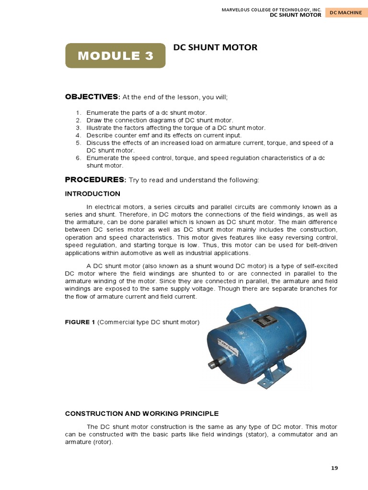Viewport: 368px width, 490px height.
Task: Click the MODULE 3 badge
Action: (x=115, y=56)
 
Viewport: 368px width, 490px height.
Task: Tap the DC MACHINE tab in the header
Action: (x=345, y=12)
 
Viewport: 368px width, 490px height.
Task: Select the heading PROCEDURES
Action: (x=95, y=179)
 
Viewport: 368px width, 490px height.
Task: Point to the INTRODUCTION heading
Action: (x=92, y=194)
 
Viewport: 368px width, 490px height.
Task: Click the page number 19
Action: (x=334, y=468)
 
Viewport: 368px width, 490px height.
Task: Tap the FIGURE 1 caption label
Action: (x=80, y=322)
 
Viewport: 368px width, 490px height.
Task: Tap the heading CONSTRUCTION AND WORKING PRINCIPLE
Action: (x=142, y=413)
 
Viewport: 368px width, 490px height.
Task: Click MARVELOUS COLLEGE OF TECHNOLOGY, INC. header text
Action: (x=271, y=9)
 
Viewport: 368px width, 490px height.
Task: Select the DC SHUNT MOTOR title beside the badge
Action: (x=215, y=47)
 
